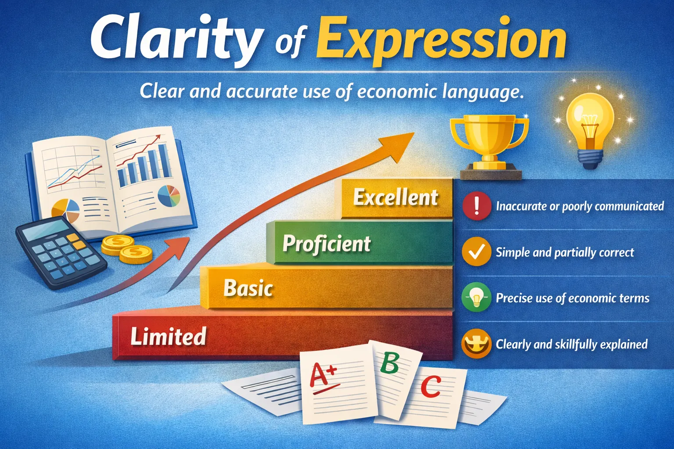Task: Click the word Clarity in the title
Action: (176, 40)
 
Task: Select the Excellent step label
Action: (396, 198)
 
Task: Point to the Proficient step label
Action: (326, 244)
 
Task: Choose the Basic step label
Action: (248, 288)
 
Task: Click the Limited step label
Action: (168, 337)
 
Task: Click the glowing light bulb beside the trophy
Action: (590, 127)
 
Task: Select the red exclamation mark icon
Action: (477, 206)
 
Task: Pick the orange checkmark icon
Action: (477, 252)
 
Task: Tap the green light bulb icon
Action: (477, 298)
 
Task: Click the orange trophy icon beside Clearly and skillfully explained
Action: (477, 344)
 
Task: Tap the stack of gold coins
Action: (127, 248)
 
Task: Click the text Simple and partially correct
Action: (565, 252)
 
